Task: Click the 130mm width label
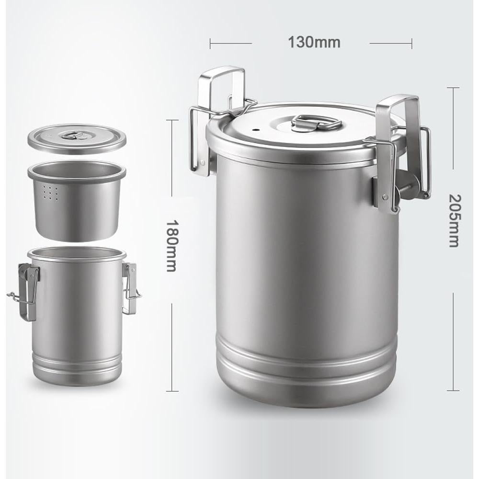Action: (314, 43)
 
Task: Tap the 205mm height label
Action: (453, 220)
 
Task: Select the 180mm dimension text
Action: (171, 245)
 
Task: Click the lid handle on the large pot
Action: (316, 123)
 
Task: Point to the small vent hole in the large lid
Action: (255, 129)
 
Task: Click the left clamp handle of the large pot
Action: (222, 91)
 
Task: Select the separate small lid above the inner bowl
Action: (77, 139)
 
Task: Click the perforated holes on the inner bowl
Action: (50, 193)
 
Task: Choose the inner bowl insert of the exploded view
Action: (77, 201)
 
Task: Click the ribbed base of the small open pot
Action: (77, 366)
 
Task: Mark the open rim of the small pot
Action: (77, 252)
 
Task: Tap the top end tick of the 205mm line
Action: (453, 88)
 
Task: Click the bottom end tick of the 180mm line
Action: (171, 391)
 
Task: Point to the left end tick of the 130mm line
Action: (210, 44)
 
